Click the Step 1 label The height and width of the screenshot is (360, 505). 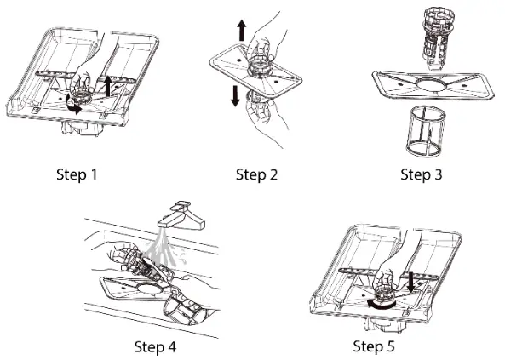pyautogui.click(x=77, y=174)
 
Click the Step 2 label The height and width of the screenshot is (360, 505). pyautogui.click(x=256, y=174)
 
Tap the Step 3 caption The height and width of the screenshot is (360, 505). pyautogui.click(x=422, y=174)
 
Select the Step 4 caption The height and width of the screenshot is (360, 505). pyautogui.click(x=155, y=347)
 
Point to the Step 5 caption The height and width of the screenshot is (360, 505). pyautogui.click(x=374, y=346)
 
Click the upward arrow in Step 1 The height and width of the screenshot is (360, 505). pyautogui.click(x=108, y=86)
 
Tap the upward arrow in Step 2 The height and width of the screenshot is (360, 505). pyautogui.click(x=241, y=30)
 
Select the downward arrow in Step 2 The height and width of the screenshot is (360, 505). pyautogui.click(x=235, y=96)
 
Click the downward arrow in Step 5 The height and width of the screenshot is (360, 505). pyautogui.click(x=410, y=283)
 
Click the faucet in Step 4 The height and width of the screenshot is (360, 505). pyautogui.click(x=181, y=216)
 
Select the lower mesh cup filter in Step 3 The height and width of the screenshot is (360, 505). pyautogui.click(x=426, y=133)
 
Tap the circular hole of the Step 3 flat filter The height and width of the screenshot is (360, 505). pyautogui.click(x=431, y=84)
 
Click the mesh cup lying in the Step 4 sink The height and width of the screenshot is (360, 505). pyautogui.click(x=184, y=310)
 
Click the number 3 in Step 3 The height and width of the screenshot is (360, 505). pyautogui.click(x=438, y=174)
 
